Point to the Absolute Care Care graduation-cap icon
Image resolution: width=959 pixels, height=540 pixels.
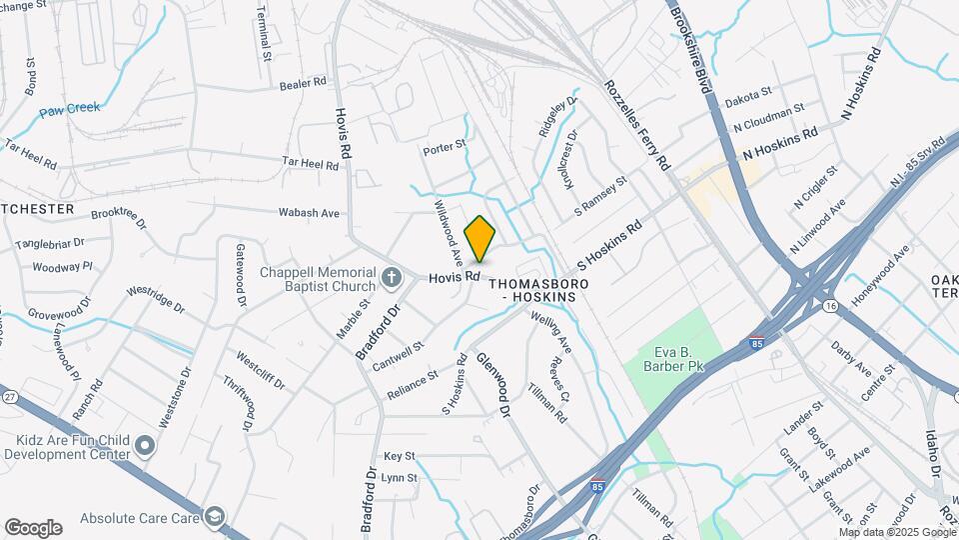(213, 517)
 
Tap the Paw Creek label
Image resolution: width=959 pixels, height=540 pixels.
(70, 108)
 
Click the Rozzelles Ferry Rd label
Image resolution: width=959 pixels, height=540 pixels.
(635, 124)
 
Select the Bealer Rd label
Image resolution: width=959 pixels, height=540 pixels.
(305, 86)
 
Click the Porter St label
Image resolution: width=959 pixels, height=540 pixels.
(445, 147)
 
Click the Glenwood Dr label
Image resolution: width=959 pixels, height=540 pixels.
(493, 385)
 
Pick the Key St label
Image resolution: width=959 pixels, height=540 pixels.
(399, 455)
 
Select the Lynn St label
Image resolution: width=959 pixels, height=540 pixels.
(399, 478)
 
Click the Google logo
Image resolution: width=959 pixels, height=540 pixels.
(33, 527)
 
